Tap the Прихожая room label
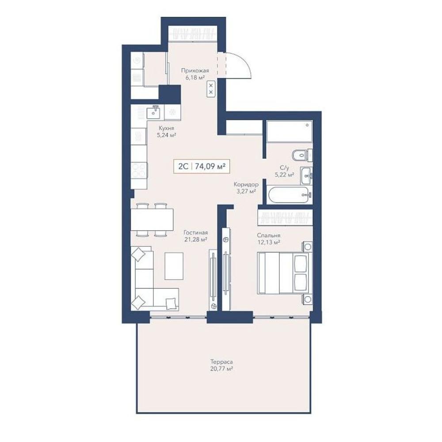pyautogui.click(x=195, y=70)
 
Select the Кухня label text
pyautogui.click(x=166, y=128)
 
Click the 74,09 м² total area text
pyautogui.click(x=210, y=167)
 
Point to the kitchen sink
pyautogui.click(x=154, y=112)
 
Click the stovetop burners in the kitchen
pyautogui.click(x=139, y=170)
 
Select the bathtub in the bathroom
pyautogui.click(x=289, y=195)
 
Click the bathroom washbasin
pyautogui.click(x=306, y=176)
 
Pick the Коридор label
pyautogui.click(x=246, y=185)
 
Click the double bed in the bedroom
pyautogui.click(x=285, y=273)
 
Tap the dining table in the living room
pyautogui.click(x=152, y=220)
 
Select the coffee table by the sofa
pyautogui.click(x=174, y=266)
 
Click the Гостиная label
pyautogui.click(x=196, y=233)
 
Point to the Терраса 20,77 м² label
pyautogui.click(x=221, y=365)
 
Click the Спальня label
pyautogui.click(x=269, y=236)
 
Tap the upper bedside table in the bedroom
pyautogui.click(x=308, y=247)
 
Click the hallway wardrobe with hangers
pyautogui.click(x=193, y=34)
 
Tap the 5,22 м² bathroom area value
pyautogui.click(x=284, y=175)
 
